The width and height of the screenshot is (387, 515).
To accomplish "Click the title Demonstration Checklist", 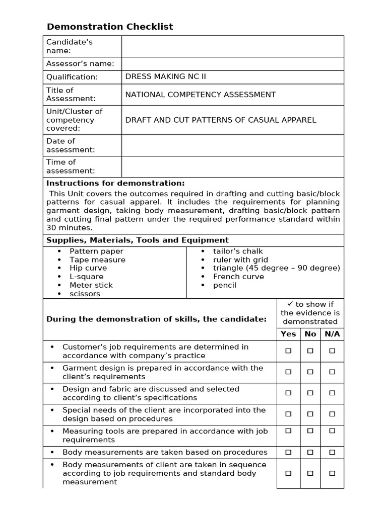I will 109,27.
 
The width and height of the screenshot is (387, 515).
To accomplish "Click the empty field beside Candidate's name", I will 232,46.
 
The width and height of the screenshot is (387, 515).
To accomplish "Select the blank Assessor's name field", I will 232,63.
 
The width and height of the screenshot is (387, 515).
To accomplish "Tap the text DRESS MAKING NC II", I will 165,76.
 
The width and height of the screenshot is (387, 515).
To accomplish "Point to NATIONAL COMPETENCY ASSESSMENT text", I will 200,95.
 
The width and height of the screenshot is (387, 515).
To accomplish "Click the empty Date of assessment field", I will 232,145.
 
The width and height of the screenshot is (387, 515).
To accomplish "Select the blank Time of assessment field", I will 232,166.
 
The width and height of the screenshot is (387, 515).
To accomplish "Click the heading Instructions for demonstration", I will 115,183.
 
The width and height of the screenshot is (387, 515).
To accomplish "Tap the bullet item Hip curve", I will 88,268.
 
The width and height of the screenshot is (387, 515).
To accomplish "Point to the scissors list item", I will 85,294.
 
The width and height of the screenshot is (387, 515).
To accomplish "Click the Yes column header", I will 288,334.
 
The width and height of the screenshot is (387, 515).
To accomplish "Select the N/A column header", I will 332,334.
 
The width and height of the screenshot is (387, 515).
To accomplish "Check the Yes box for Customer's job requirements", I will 288,351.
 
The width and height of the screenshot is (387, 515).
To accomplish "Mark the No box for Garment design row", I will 310,372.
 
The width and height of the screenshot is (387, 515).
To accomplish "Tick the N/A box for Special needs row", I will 332,414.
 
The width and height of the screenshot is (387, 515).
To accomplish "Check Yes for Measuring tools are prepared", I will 288,431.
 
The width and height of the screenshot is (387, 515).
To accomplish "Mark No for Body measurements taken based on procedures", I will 310,452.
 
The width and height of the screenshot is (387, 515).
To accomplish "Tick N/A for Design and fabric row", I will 332,393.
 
